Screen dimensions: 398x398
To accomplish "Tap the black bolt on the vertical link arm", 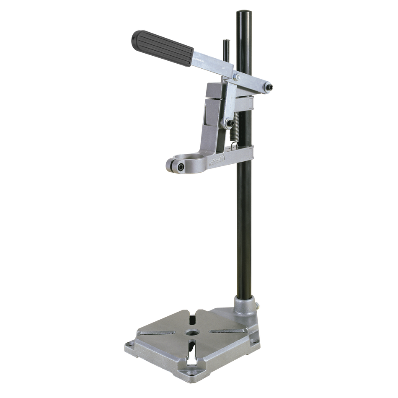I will (x=230, y=123).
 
